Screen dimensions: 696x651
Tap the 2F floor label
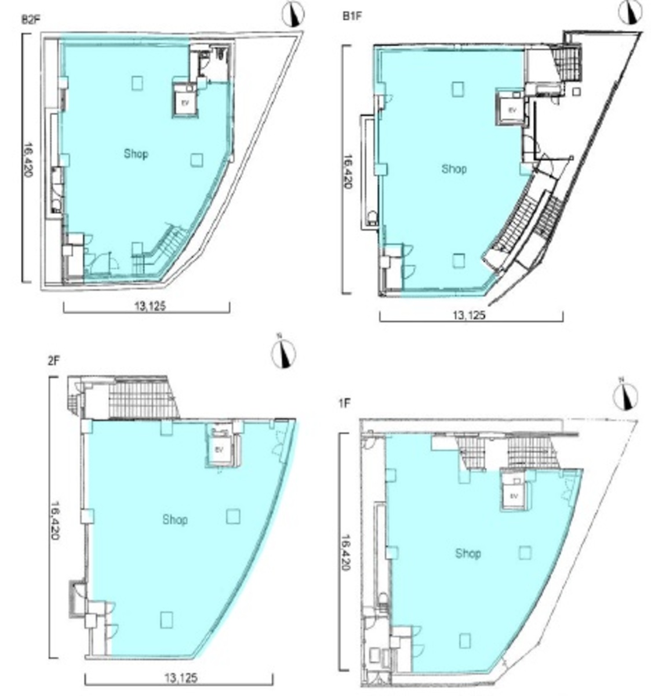[x=53, y=361]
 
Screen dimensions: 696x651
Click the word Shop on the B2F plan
[x=136, y=154]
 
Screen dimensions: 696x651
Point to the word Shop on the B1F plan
[x=454, y=169]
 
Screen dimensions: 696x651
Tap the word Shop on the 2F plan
[x=174, y=519]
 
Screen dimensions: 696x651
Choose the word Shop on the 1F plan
[x=468, y=553]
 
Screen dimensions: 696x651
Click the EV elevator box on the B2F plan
[x=186, y=103]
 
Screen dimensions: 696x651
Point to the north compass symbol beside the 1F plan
[x=625, y=397]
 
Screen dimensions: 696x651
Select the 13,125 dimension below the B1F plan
[x=468, y=316]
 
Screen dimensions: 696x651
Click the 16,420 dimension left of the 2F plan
[x=56, y=520]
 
